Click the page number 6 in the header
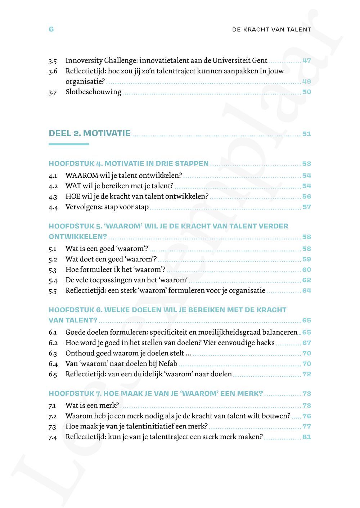[51, 29]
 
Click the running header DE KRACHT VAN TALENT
[271, 30]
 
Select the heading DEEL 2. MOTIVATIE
[90, 133]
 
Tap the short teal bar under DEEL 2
[68, 144]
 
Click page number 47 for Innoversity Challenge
[306, 61]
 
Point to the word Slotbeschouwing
[93, 92]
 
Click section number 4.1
[53, 176]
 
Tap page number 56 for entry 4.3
[306, 196]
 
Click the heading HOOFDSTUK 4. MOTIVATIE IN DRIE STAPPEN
[129, 164]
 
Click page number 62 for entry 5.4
[306, 280]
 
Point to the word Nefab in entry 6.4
[168, 364]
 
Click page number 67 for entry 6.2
[306, 343]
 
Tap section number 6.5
[53, 375]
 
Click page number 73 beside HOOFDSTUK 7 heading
[306, 394]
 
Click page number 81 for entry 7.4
[306, 437]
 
